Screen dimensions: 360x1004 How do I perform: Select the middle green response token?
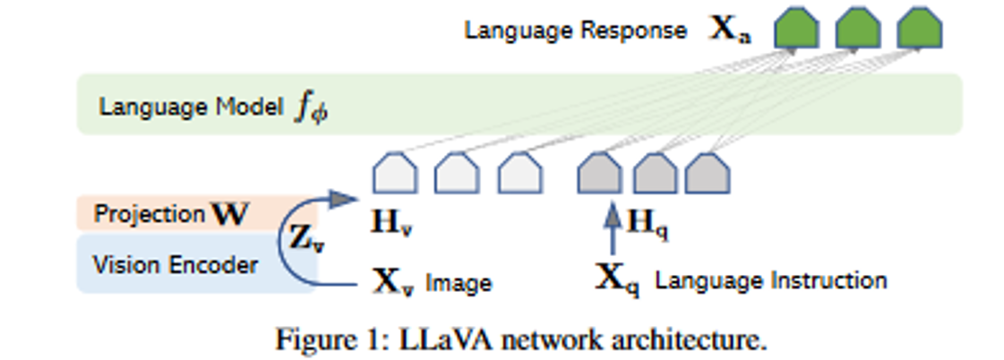point(857,30)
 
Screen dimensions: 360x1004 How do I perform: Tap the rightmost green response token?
point(919,30)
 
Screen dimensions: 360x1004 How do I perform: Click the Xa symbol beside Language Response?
point(731,31)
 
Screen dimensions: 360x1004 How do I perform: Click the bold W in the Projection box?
point(229,215)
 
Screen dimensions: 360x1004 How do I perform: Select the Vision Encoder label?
point(176,265)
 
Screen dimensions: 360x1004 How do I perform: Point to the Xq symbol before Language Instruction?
point(618,280)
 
